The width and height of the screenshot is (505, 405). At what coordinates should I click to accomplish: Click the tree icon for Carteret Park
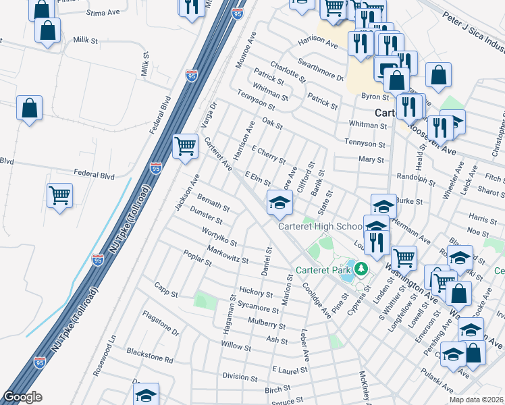361,270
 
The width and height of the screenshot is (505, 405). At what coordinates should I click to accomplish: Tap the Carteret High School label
321,226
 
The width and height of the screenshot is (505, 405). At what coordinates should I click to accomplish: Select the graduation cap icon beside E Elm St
279,202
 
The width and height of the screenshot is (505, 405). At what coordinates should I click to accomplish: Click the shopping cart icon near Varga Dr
185,146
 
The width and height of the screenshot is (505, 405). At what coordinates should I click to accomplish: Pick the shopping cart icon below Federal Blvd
60,195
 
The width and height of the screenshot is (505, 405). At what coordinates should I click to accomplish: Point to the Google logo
22,397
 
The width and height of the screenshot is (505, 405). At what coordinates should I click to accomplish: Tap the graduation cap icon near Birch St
146,396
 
